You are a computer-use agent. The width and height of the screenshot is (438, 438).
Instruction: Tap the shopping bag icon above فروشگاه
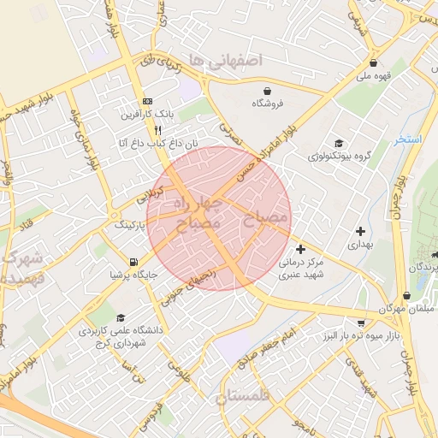(x=268, y=90)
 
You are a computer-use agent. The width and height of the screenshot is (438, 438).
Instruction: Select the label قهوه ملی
(x=374, y=76)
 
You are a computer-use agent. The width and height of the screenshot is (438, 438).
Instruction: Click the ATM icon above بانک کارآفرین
(x=147, y=100)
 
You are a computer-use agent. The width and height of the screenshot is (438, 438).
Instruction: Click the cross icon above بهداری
(x=360, y=231)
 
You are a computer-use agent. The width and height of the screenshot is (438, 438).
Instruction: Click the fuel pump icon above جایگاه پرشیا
(x=133, y=262)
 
